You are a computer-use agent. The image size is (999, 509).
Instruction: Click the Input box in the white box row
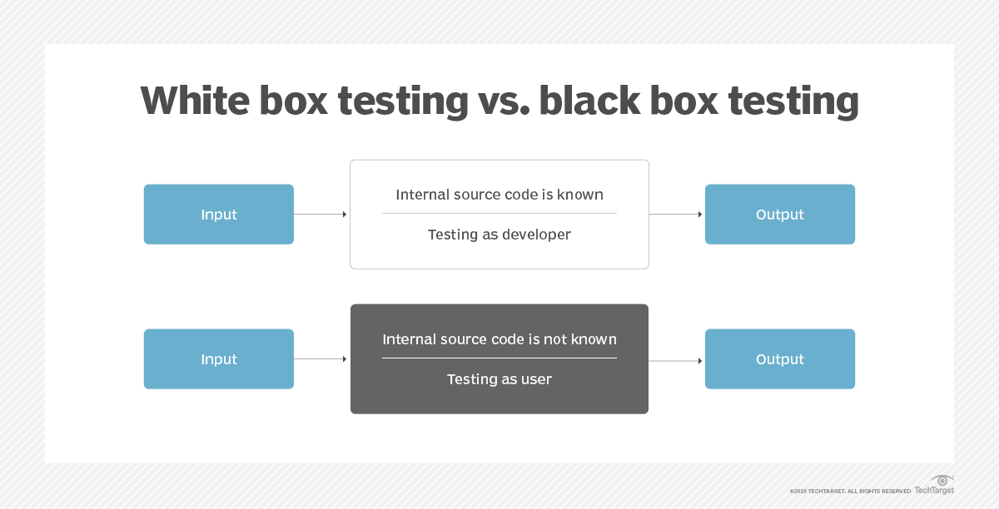[219, 215]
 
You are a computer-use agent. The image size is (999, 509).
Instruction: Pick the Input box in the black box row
[219, 359]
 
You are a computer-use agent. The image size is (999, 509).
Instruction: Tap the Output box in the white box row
[780, 215]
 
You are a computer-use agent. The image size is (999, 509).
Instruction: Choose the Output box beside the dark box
[780, 359]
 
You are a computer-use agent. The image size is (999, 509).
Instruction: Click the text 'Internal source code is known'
[499, 195]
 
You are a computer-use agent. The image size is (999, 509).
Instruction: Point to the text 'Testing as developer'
[499, 235]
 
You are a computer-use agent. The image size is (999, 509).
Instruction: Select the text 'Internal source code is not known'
[499, 339]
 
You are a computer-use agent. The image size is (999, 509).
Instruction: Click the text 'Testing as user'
[499, 379]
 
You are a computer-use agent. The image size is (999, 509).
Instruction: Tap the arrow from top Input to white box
[321, 215]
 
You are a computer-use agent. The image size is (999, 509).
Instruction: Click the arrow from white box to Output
[675, 215]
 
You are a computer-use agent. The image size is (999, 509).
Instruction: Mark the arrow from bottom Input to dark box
[321, 359]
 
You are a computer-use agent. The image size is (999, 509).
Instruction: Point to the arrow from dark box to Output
[675, 361]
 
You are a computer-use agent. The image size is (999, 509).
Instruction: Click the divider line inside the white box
[499, 214]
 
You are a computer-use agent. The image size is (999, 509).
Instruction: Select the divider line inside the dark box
[499, 358]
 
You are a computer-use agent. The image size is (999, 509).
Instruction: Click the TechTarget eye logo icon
[942, 481]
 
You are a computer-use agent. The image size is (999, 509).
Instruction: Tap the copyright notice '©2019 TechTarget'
[850, 492]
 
